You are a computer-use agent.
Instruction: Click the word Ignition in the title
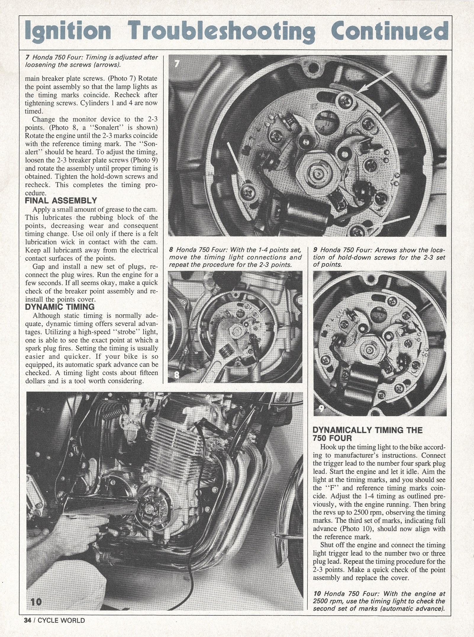(68, 30)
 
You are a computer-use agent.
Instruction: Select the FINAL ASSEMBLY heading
(61, 201)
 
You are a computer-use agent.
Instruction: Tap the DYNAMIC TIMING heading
(60, 307)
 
